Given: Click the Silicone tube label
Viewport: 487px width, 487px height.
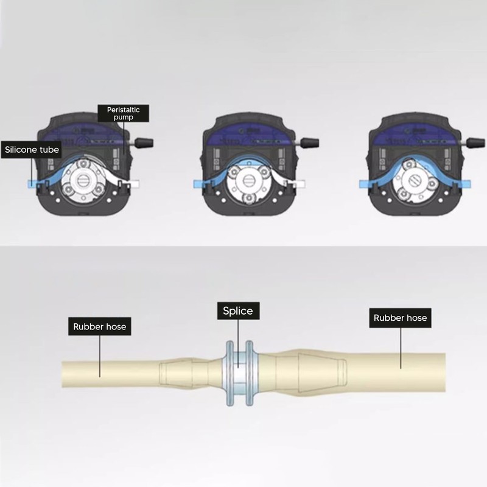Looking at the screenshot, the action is [31, 150].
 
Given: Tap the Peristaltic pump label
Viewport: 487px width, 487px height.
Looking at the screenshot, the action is [124, 113].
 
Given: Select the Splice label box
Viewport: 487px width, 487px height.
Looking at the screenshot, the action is [238, 311].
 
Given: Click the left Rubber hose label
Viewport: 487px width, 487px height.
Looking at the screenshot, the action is [100, 326].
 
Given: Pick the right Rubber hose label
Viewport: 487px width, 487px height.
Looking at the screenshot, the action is [400, 318].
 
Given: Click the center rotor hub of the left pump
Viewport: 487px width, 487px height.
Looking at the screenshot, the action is [83, 180].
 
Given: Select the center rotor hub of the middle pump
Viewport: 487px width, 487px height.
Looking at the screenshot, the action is [248, 180].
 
